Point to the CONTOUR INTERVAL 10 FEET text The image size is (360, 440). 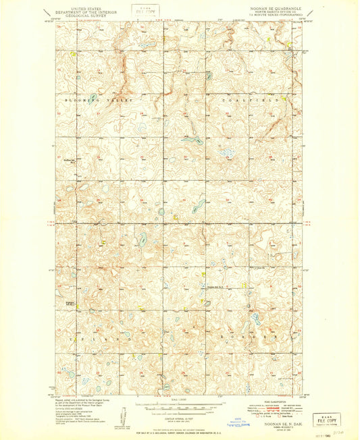[178, 417]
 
